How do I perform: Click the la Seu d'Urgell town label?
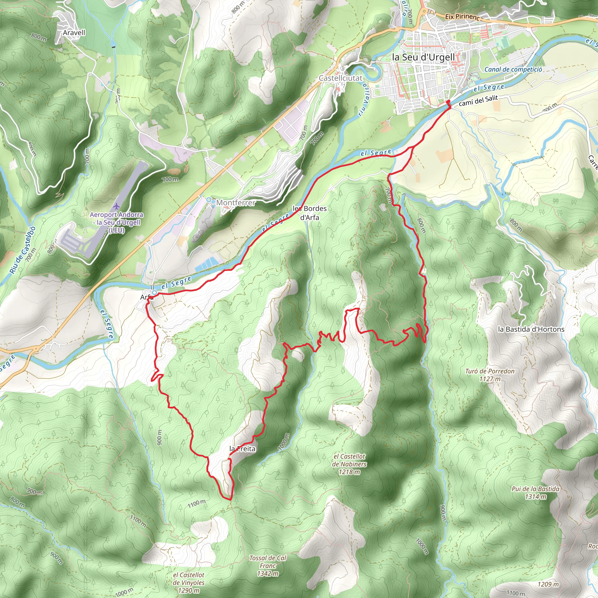click(x=423, y=57)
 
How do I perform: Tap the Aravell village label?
click(x=74, y=33)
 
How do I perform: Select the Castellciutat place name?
click(x=340, y=78)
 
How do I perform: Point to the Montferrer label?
click(x=236, y=203)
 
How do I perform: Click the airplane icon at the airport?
click(x=116, y=206)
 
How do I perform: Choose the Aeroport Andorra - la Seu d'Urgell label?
click(x=117, y=222)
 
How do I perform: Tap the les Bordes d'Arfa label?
click(x=310, y=213)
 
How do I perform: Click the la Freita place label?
click(x=242, y=449)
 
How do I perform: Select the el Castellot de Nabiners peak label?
click(x=349, y=464)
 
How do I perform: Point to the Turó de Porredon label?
click(x=490, y=375)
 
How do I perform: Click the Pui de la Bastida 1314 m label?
click(x=536, y=493)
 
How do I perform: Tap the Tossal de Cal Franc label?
click(x=268, y=566)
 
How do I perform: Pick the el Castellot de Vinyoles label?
click(x=189, y=582)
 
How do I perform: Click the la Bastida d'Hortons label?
click(x=531, y=329)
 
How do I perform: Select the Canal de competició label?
click(x=513, y=69)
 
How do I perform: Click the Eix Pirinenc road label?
click(x=462, y=17)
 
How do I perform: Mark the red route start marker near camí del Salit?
click(x=448, y=102)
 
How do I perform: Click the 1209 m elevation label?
click(x=548, y=584)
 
